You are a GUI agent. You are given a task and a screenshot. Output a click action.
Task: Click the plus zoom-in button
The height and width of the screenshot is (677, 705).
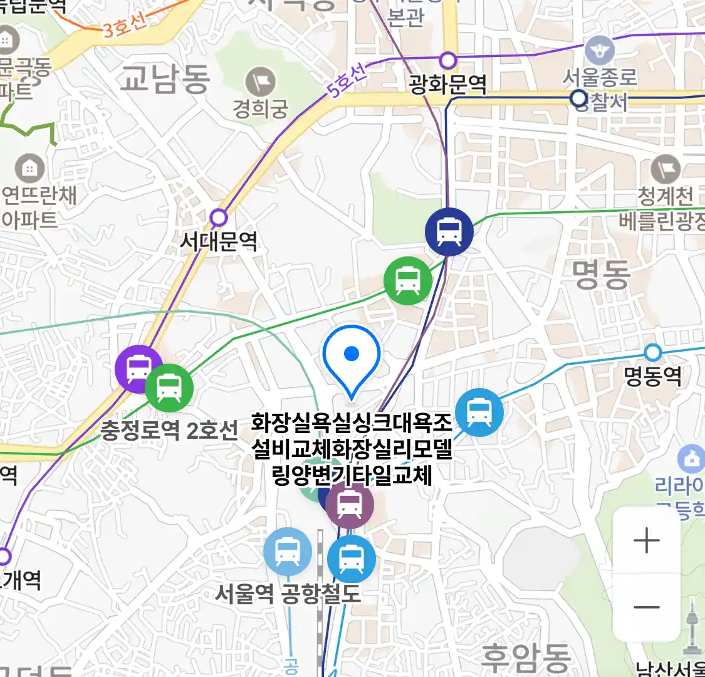[646, 540]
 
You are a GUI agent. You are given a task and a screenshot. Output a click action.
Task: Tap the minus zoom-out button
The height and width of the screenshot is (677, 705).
[646, 607]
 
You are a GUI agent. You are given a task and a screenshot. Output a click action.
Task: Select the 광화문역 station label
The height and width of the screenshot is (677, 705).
[447, 85]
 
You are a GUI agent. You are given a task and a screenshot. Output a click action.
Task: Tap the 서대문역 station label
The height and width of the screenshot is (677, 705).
[219, 241]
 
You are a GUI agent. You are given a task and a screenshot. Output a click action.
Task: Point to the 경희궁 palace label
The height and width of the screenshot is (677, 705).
[261, 109]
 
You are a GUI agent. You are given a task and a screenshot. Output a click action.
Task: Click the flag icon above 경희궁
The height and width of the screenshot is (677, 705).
[260, 82]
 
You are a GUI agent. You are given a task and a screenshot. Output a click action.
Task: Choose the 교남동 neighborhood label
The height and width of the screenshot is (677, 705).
[164, 79]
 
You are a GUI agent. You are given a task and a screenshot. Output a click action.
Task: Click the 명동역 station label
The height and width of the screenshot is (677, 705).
[653, 376]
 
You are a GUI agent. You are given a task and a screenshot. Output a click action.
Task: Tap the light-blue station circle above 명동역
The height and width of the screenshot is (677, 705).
[653, 352]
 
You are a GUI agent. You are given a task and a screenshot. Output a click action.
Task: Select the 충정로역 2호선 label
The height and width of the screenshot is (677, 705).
[169, 430]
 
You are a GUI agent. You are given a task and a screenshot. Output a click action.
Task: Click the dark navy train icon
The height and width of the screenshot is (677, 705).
[449, 231]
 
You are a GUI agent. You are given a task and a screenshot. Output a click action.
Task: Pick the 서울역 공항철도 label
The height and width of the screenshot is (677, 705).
[288, 593]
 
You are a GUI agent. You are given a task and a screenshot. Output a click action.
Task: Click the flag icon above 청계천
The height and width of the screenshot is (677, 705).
[665, 169]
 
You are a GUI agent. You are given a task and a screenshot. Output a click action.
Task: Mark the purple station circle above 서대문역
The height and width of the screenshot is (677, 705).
[218, 218]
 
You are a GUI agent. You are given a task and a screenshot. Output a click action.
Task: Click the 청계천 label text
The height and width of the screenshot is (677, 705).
[665, 197]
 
